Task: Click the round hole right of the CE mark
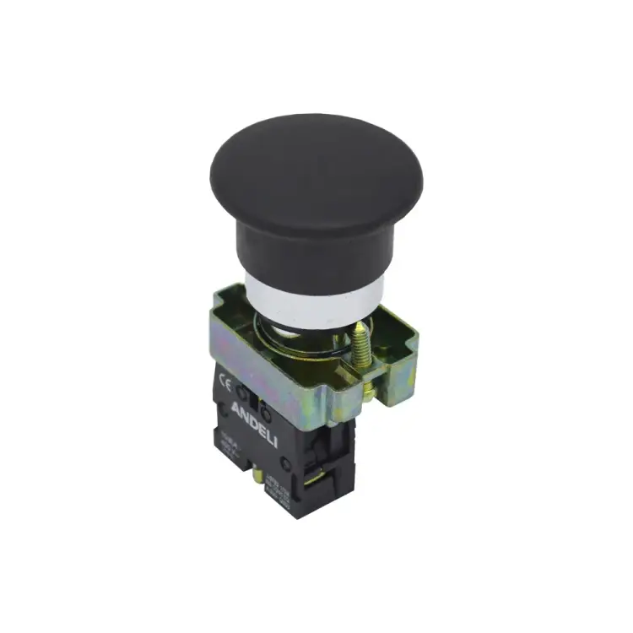pyautogui.click(x=245, y=392)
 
